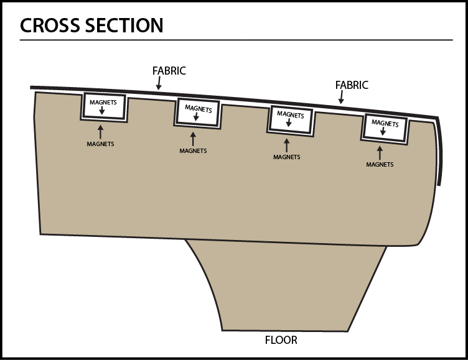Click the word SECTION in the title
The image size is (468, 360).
127,25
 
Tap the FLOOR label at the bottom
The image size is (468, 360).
281,340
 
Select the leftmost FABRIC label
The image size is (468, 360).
169,71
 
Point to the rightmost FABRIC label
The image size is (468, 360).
352,85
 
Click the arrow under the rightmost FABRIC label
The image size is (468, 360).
340,97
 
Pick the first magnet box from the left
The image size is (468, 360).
103,107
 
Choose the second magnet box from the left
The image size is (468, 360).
198,113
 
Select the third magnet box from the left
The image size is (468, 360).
291,119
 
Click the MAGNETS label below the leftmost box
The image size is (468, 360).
100,144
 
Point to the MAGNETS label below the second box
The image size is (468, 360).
193,150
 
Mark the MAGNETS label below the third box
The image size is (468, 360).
286,157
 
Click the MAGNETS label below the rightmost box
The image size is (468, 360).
380,165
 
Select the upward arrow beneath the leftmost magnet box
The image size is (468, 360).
100,131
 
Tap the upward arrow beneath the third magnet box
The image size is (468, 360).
286,144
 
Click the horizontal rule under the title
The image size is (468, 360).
236,40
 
